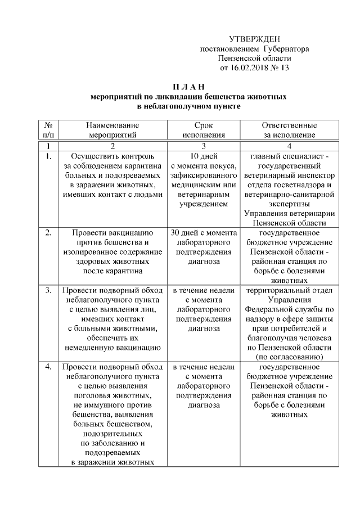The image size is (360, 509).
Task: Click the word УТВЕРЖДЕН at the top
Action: (254, 39)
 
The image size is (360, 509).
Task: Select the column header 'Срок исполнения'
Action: (203, 130)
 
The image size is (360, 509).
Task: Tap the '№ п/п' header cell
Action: (48, 130)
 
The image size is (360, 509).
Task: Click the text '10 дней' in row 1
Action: (203, 156)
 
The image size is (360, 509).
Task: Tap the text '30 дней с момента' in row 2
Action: (203, 232)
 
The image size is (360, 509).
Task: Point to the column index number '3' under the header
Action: (203, 145)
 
